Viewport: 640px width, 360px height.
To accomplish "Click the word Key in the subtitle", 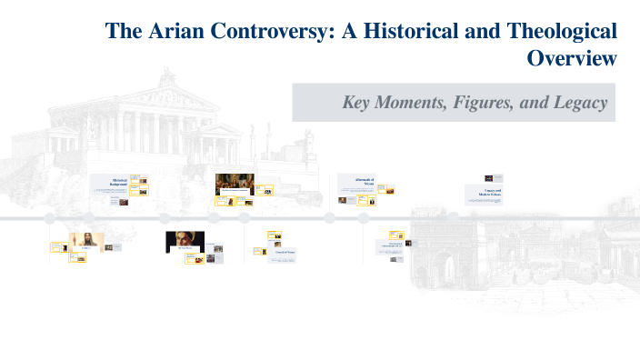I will tap(359, 103).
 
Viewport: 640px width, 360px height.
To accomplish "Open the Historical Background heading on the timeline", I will tap(116, 182).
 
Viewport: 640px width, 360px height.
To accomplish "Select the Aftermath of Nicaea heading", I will tap(356, 181).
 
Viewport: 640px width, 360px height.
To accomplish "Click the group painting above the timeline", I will tap(234, 184).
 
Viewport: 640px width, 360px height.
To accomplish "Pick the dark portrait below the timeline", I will tap(185, 241).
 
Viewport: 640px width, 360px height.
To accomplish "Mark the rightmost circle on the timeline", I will tap(363, 218).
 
